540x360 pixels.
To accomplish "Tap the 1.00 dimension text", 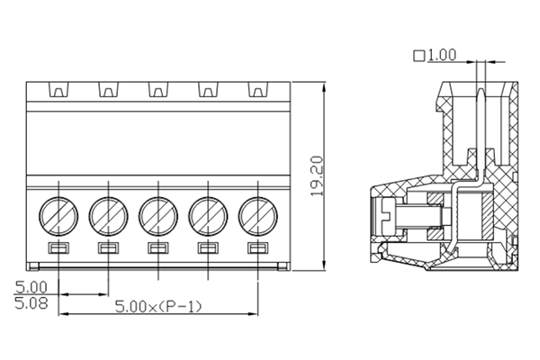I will (441, 55).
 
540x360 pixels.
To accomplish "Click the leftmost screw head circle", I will (58, 215).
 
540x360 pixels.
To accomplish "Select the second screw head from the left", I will (108, 215).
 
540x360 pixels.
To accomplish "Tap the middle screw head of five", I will (157, 215).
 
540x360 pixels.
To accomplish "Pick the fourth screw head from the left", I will (207, 215).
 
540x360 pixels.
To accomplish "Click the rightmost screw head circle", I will (257, 215).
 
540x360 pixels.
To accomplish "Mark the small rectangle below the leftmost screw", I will (58, 247).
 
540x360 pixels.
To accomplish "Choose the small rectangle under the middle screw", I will (157, 247).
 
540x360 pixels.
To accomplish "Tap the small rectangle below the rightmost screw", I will (257, 247).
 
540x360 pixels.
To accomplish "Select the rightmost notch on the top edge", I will (257, 91).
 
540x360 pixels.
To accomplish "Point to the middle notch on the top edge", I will (157, 91).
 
